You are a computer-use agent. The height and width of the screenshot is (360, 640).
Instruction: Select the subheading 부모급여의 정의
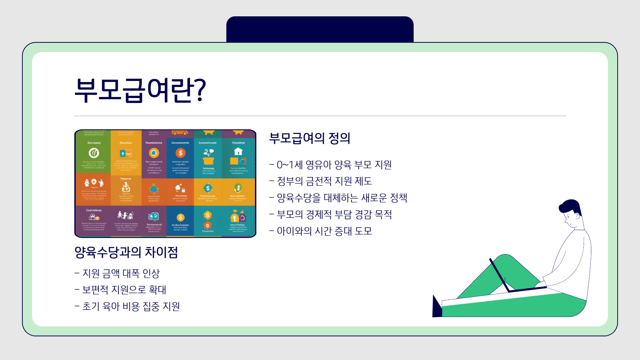click(x=309, y=138)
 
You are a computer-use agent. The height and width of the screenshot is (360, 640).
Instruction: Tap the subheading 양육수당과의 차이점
click(x=126, y=252)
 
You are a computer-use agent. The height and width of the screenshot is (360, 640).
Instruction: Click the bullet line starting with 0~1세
click(x=330, y=165)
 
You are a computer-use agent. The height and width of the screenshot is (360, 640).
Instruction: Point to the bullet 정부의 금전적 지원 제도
click(x=321, y=181)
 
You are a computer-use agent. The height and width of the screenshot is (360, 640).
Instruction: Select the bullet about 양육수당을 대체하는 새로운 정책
click(x=338, y=198)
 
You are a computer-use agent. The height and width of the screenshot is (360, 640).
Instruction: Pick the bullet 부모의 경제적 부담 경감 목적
click(x=331, y=214)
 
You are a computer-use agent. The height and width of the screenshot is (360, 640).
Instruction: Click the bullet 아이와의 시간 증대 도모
click(x=321, y=231)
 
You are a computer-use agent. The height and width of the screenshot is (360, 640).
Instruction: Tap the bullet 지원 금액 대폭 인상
click(x=117, y=273)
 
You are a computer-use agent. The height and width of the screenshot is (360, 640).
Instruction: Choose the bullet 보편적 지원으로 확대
click(x=120, y=290)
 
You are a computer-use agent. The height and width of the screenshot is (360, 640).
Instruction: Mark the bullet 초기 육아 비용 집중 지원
click(x=127, y=306)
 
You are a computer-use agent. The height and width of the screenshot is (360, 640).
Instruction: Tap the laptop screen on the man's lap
click(x=499, y=275)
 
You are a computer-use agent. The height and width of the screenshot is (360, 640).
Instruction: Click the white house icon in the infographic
click(x=238, y=152)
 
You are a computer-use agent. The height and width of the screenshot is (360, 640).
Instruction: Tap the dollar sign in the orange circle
click(x=181, y=153)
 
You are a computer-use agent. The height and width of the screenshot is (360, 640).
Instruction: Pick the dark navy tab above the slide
click(x=320, y=29)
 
